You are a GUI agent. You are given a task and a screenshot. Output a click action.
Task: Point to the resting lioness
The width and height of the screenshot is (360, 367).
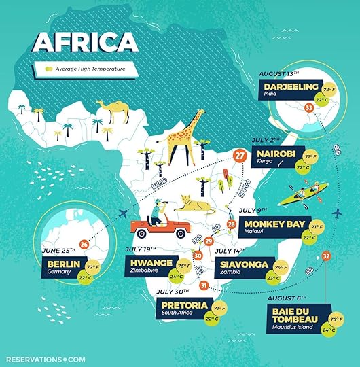pyautogui.click(x=195, y=203)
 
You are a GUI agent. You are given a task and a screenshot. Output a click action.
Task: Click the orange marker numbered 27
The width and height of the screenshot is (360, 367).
pyautogui.click(x=239, y=156)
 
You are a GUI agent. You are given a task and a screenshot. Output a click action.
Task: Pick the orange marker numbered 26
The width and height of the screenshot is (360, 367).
pyautogui.click(x=84, y=244)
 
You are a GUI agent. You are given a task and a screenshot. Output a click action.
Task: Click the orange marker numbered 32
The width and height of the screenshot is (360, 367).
pyautogui.click(x=326, y=256)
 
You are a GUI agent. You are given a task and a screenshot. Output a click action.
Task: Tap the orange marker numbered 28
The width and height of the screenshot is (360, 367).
pyautogui.click(x=231, y=224)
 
